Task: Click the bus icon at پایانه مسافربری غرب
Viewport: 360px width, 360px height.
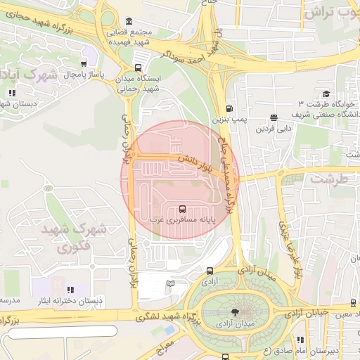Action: coord(183,209)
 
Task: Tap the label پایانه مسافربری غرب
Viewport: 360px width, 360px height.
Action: coord(183,219)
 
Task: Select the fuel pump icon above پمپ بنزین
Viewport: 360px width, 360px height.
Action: coord(229,108)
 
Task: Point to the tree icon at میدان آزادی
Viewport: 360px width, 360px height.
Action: coord(234,312)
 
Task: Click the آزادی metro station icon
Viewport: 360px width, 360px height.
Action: coord(210,271)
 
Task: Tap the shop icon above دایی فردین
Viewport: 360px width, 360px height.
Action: coord(274,117)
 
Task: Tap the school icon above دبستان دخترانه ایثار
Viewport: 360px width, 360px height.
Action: coord(70,290)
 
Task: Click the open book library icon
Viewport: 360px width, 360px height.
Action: coord(170,283)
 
